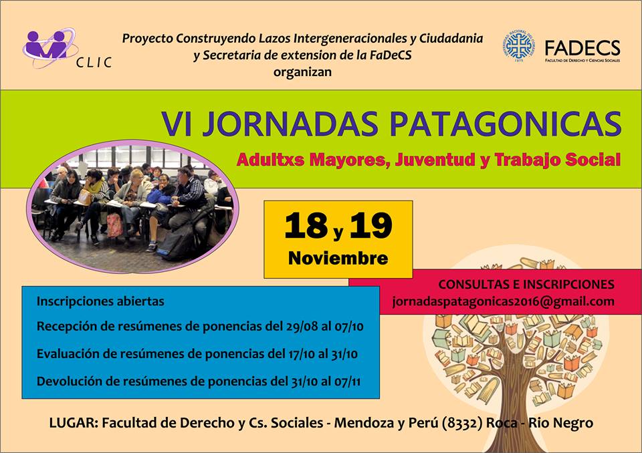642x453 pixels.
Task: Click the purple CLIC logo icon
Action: click(x=50, y=47)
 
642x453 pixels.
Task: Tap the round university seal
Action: click(x=519, y=46)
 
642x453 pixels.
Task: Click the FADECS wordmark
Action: click(x=582, y=48)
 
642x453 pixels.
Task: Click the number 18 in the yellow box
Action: click(x=306, y=225)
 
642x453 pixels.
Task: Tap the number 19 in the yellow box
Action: click(x=371, y=225)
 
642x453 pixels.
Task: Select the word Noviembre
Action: click(x=338, y=258)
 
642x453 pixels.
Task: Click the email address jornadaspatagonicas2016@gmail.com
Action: click(x=503, y=301)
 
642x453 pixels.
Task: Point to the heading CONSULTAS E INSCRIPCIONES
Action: click(x=526, y=285)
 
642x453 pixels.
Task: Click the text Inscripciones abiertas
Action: click(x=100, y=301)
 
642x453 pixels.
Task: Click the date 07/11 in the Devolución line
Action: click(x=347, y=382)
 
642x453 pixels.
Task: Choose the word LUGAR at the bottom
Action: click(x=74, y=423)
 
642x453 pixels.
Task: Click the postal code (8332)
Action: click(x=462, y=423)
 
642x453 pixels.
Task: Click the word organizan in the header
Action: click(x=302, y=72)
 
